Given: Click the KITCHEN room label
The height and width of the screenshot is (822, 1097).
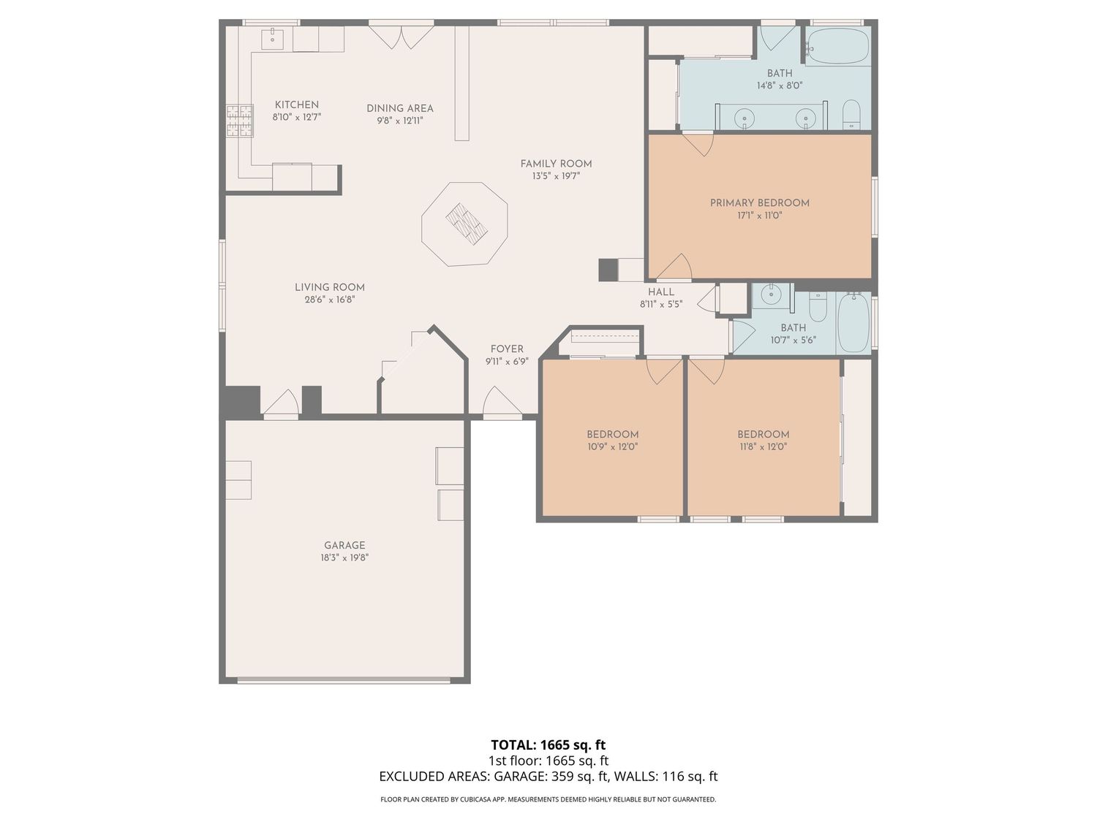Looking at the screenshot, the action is (296, 104).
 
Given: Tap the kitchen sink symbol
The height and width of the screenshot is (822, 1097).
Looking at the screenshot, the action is (272, 38).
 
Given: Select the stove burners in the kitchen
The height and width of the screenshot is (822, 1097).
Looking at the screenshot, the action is (239, 121).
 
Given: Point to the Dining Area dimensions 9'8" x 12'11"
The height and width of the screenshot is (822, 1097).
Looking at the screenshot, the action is (400, 121).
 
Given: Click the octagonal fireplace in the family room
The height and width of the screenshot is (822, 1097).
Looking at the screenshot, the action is (464, 225).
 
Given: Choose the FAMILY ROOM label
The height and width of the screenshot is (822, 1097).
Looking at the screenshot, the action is (556, 164).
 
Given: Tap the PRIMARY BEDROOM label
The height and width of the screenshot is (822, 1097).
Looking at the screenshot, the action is (759, 203).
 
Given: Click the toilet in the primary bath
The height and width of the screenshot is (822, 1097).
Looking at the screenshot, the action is (851, 114).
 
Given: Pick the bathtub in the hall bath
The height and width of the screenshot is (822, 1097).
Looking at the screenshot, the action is (853, 323).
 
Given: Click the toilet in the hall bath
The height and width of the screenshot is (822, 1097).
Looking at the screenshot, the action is (818, 306).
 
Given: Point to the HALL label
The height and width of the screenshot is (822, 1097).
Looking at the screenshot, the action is (660, 292).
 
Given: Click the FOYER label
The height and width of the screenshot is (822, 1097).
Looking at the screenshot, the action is (507, 349).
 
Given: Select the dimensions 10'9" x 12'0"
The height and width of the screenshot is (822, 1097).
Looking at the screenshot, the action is (612, 447).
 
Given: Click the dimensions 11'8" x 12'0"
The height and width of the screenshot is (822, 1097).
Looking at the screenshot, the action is (764, 447).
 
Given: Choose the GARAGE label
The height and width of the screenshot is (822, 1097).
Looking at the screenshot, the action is (344, 546).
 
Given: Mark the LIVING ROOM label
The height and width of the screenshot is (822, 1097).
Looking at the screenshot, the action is (329, 287).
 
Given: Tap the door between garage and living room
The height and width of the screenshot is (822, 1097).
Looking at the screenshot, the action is (281, 403).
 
